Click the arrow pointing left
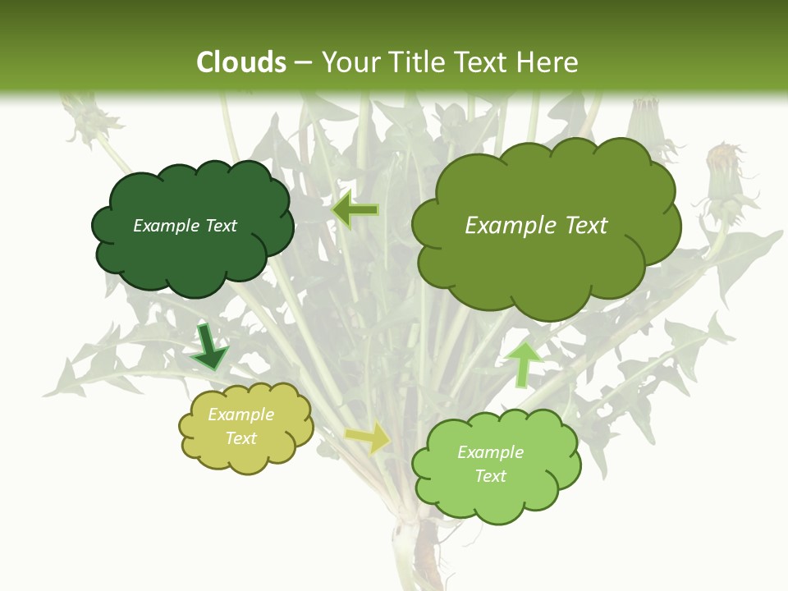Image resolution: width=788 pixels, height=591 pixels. click(355, 211)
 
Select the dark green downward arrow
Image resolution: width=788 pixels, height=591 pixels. click(208, 346)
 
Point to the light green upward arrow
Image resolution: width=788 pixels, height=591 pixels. click(524, 364)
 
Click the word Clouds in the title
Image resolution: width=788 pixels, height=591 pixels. click(241, 62)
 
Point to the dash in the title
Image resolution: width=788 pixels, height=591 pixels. click(304, 63)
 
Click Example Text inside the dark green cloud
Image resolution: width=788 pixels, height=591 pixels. click(185, 226)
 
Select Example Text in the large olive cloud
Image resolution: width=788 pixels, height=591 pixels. click(536, 226)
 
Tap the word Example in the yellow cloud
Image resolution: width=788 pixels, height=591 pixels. click(241, 415)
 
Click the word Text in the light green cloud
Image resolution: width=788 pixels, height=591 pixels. click(490, 476)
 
